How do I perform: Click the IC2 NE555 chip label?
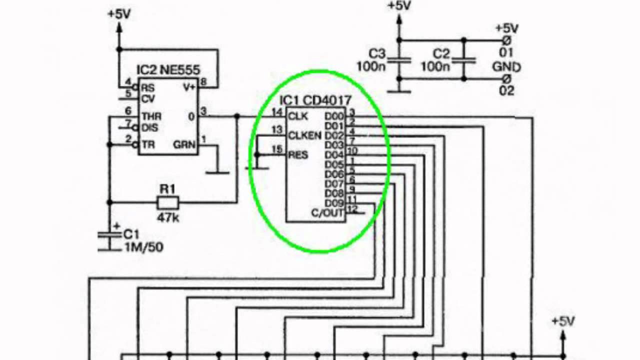point(168,70)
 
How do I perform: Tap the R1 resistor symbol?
point(168,202)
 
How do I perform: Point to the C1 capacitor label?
point(131,234)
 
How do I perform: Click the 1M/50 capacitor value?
point(144,246)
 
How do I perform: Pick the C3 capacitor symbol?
point(399,60)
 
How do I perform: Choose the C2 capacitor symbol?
point(464,59)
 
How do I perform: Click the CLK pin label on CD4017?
point(298,116)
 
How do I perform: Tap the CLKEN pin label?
point(304,135)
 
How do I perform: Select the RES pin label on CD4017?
point(298,154)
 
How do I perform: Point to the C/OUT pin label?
point(327,213)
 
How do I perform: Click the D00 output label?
point(334,116)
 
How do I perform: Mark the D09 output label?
point(334,203)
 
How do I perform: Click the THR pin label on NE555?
point(151,116)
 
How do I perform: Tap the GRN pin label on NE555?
point(185,144)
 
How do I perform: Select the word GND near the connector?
point(506,66)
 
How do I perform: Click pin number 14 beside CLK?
point(276,112)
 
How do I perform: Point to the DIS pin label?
point(149,127)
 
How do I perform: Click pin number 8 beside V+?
point(203,81)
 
